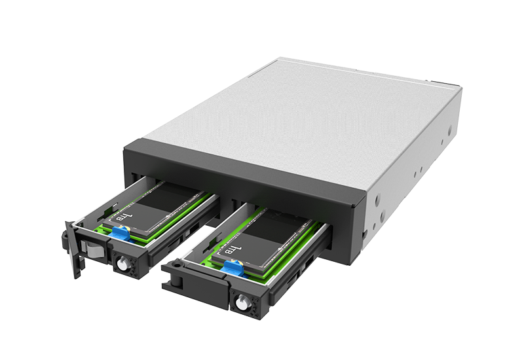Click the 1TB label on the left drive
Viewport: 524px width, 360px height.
[122, 217]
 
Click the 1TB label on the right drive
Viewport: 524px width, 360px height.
[233, 249]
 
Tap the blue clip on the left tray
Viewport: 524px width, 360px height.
[121, 232]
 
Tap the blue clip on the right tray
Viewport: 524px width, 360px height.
[233, 268]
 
